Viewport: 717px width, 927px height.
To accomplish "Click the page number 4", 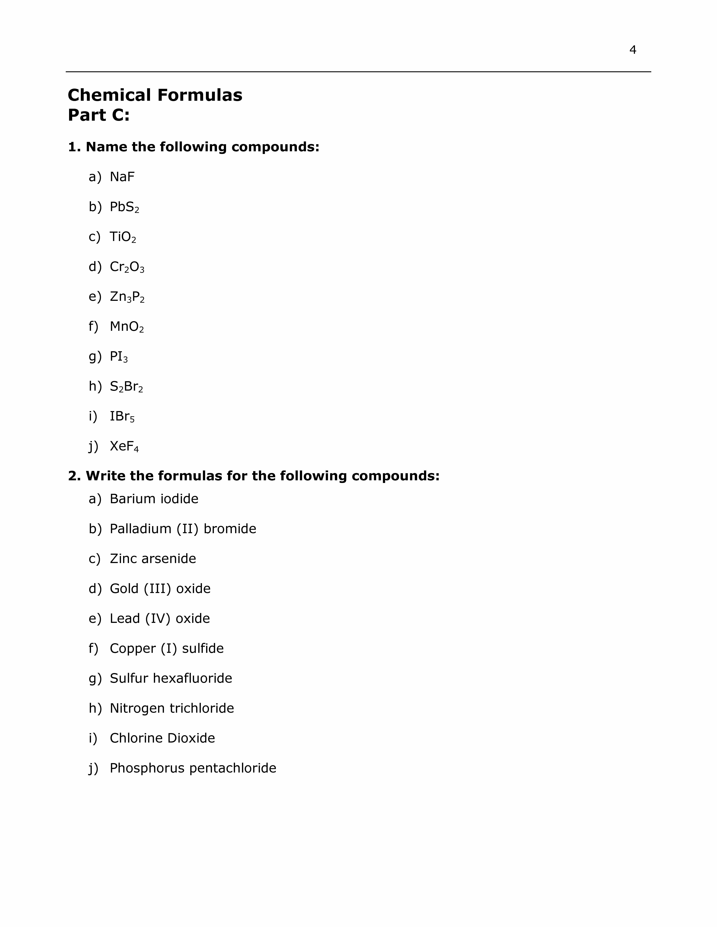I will click(632, 50).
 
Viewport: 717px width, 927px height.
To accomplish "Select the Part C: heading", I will click(99, 115).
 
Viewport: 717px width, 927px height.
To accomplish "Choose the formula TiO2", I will click(123, 237).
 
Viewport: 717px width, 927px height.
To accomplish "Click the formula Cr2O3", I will click(127, 267).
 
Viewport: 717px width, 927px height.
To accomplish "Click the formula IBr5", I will click(122, 416).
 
